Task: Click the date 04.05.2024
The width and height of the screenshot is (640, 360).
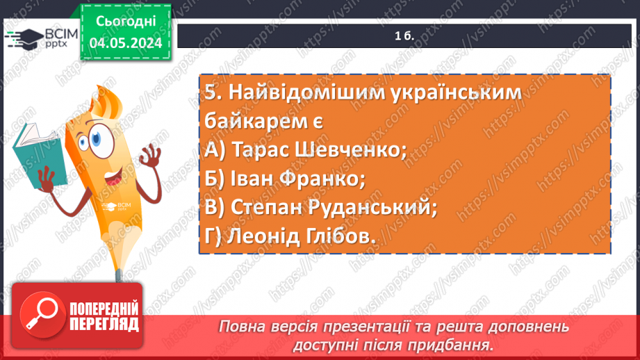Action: coord(126,44)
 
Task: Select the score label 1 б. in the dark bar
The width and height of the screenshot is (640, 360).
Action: coord(404,36)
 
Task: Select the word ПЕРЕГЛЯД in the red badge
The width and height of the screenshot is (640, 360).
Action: coord(104,323)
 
